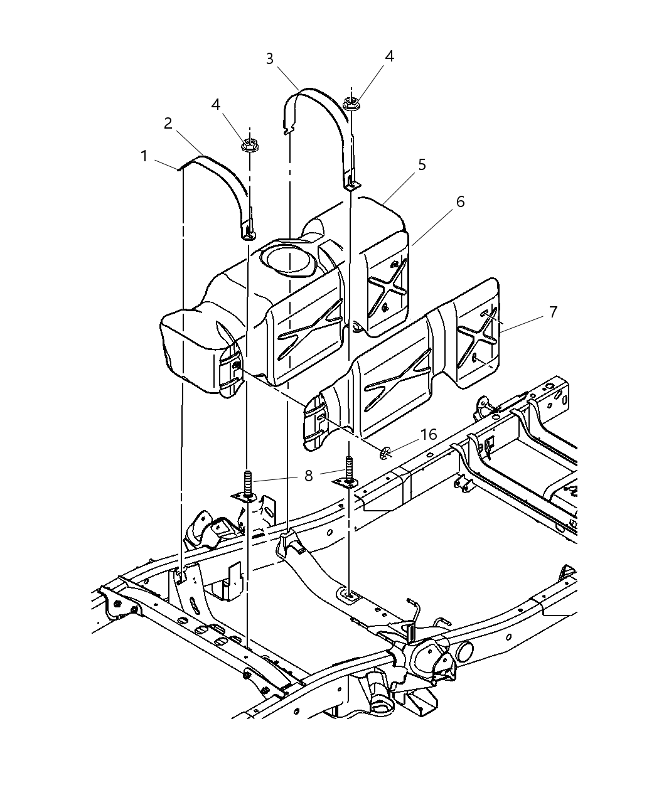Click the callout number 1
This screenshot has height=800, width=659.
[x=144, y=156]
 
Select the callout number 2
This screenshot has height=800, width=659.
[x=168, y=124]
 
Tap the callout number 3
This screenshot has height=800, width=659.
[x=270, y=59]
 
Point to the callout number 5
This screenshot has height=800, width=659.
[x=422, y=164]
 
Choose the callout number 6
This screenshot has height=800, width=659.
[x=460, y=202]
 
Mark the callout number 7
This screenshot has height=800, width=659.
[x=553, y=312]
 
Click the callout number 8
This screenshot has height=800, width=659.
[x=308, y=476]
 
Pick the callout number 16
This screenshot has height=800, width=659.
[x=429, y=435]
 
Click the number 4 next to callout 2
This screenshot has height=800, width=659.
[x=216, y=104]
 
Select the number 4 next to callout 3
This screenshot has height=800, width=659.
[x=389, y=56]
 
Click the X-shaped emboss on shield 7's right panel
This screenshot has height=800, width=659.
[x=479, y=339]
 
